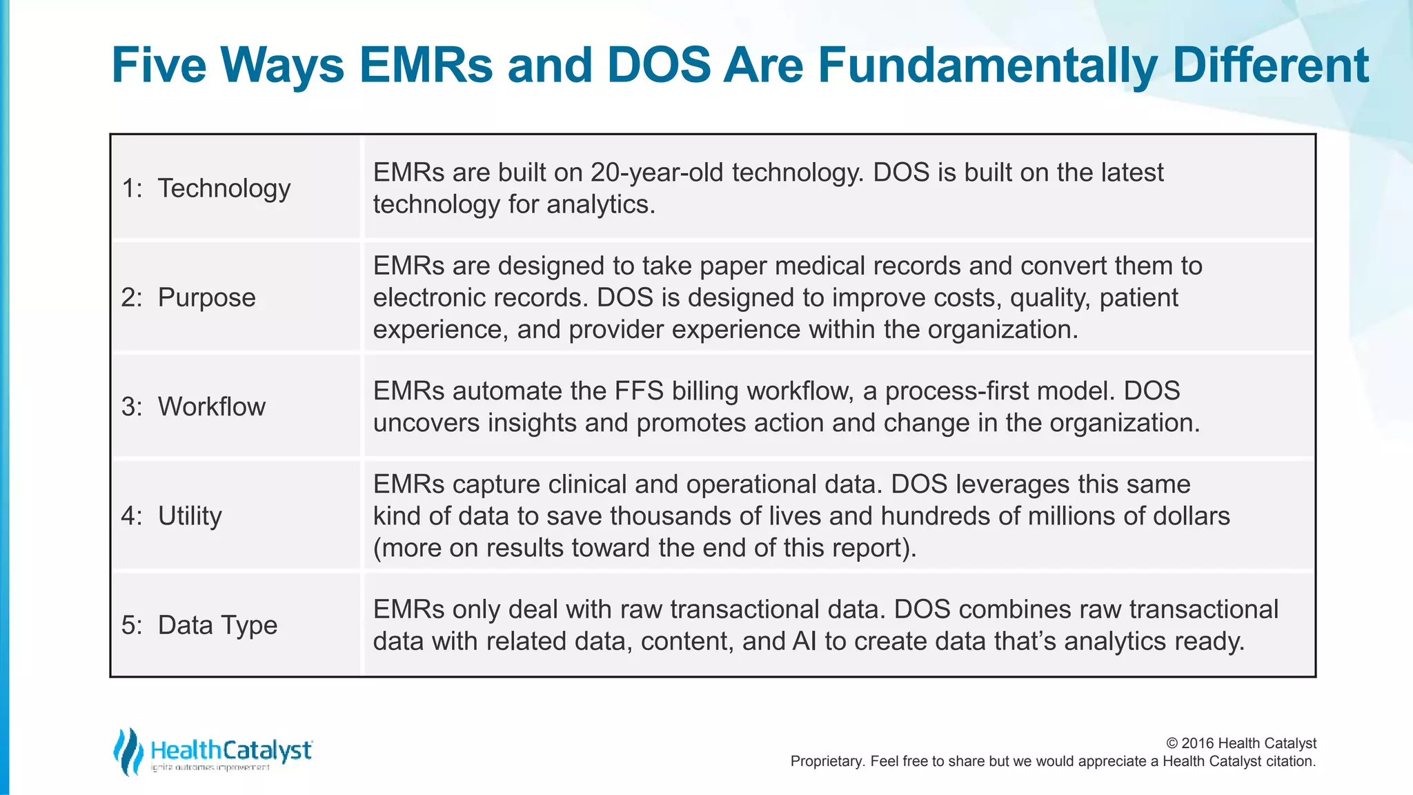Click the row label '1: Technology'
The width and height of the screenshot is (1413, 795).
[206, 188]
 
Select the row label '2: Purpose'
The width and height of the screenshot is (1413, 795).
[188, 297]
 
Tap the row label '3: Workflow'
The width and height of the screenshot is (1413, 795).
[193, 406]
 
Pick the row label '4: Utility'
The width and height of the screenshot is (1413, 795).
[172, 516]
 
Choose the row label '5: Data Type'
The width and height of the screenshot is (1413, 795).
[199, 625]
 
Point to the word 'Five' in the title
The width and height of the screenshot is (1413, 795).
[159, 66]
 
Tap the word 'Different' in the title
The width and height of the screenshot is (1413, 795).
[1270, 66]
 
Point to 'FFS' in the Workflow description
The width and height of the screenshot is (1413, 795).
[639, 391]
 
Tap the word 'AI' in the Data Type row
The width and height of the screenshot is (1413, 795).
[804, 641]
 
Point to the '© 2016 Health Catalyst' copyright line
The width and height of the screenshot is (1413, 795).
[1241, 743]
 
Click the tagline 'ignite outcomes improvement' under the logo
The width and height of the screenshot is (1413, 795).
[210, 767]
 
